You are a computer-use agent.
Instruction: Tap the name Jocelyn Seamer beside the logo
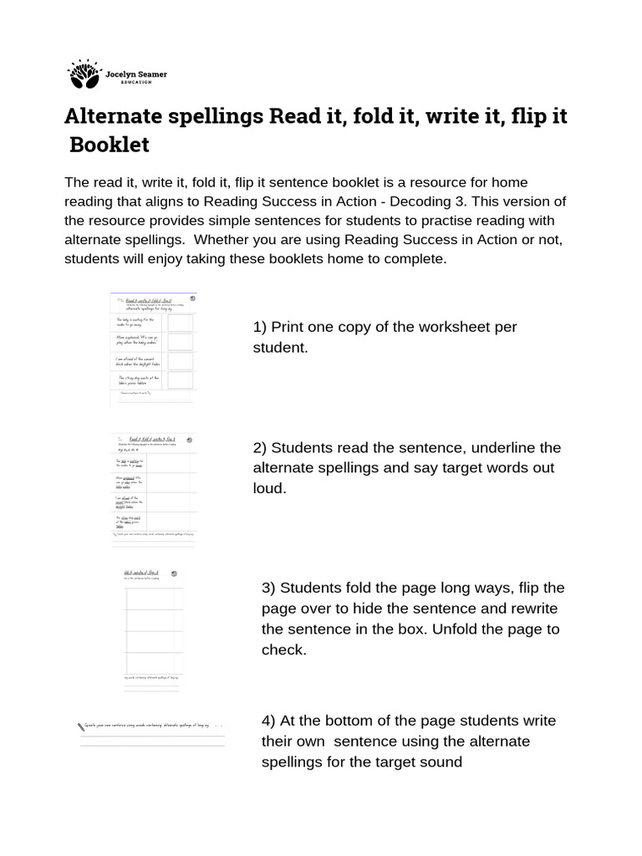point(136,74)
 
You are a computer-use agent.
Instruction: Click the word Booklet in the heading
point(110,145)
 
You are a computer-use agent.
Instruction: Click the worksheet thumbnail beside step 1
point(154,349)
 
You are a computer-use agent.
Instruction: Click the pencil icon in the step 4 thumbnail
point(80,726)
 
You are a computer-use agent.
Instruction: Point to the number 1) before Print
point(260,327)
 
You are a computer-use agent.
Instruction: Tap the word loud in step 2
point(269,488)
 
